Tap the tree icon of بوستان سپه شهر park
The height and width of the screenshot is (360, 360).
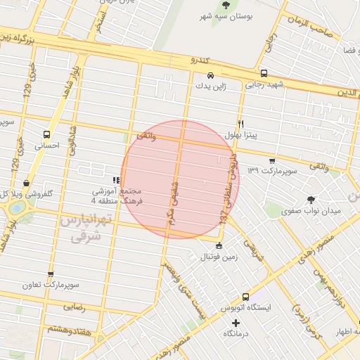click(x=226, y=5)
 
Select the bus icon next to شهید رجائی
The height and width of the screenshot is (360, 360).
click(x=263, y=73)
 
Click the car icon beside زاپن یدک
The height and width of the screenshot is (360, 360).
click(x=210, y=75)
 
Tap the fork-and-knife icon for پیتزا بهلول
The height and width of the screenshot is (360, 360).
click(x=240, y=123)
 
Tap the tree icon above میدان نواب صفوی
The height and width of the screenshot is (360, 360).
click(x=311, y=199)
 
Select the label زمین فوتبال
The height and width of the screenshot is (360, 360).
click(x=218, y=257)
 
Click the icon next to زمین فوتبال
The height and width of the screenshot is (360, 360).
click(x=219, y=246)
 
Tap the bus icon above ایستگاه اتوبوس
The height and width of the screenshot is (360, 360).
click(x=245, y=297)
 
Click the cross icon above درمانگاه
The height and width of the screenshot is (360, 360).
click(x=236, y=322)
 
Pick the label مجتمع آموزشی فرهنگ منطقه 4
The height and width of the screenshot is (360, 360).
click(x=117, y=196)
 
